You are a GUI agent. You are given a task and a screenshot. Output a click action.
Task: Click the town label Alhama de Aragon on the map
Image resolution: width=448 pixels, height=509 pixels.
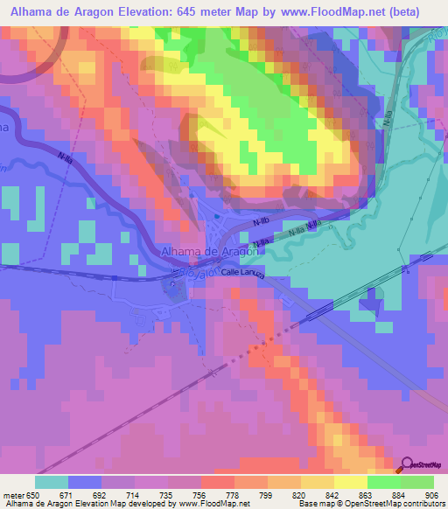coord(209,253)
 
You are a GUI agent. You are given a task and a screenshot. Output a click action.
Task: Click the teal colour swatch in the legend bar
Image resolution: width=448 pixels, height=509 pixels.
coord(52,482)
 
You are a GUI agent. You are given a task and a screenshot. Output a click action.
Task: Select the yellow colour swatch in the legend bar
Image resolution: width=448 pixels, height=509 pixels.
coord(350,482)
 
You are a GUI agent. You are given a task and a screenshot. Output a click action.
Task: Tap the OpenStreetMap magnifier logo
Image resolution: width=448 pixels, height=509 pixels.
coord(407,467)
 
